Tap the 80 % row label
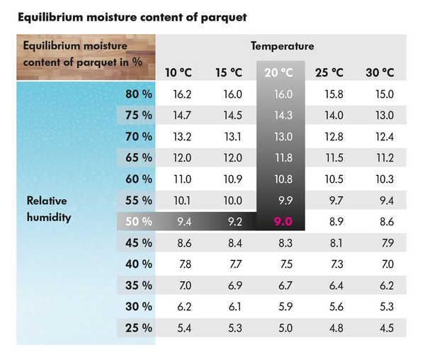(x=139, y=94)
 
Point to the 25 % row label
(x=139, y=328)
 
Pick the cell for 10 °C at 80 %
(x=183, y=94)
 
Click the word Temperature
(x=282, y=46)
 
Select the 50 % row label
(x=139, y=222)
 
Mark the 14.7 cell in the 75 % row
(x=183, y=115)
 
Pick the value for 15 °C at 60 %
(x=233, y=179)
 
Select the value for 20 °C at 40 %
(x=284, y=264)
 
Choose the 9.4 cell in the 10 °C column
(x=183, y=222)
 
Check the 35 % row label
(x=139, y=286)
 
